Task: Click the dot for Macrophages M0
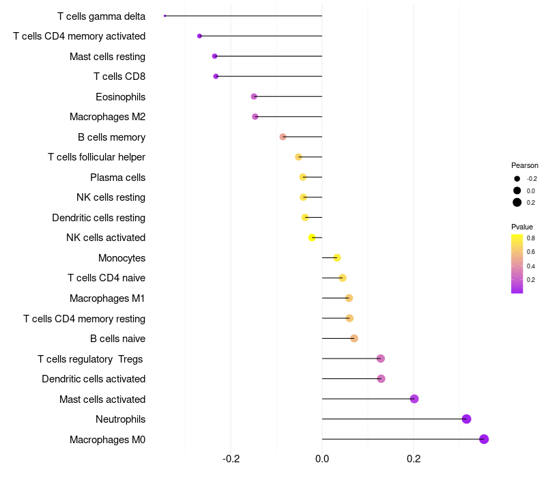coord(484,439)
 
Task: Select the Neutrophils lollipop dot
coord(466,419)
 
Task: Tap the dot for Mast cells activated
coord(414,399)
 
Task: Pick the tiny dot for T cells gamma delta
coord(165,16)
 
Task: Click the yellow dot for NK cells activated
coord(312,238)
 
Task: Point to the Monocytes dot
coord(336,257)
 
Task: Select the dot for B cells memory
coord(283,137)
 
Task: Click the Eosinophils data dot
coord(254,96)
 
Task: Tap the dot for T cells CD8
coord(216,76)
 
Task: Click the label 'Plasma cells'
coord(117,178)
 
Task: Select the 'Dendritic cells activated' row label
coord(94,379)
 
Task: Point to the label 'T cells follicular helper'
coord(96,157)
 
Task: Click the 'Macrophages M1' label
coord(107,298)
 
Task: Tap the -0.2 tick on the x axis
coord(231,458)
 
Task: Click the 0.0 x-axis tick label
coord(322,458)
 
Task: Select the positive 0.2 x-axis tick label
coord(414,458)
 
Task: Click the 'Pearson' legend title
coord(524,165)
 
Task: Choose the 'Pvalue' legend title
coord(522,227)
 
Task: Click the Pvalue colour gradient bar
coord(517,264)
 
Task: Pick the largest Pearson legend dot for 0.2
coord(517,202)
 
